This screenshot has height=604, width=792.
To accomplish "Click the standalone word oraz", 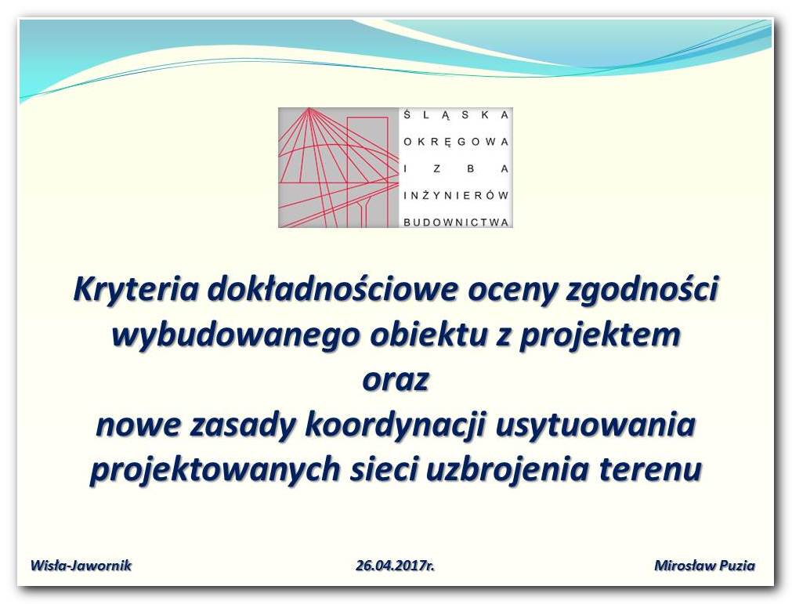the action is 396,380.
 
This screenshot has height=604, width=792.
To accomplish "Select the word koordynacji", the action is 396,425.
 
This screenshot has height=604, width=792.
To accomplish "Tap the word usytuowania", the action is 596,425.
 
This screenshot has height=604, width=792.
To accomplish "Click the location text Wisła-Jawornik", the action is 81,565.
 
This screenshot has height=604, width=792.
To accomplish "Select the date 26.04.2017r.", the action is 395,565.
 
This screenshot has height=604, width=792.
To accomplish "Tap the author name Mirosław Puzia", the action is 704,565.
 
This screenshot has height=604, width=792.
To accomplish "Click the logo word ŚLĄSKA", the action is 456,115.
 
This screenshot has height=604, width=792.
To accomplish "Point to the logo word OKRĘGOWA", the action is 456,142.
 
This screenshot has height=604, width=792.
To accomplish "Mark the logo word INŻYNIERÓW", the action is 456,195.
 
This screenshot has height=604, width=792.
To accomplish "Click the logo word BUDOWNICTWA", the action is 456,222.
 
